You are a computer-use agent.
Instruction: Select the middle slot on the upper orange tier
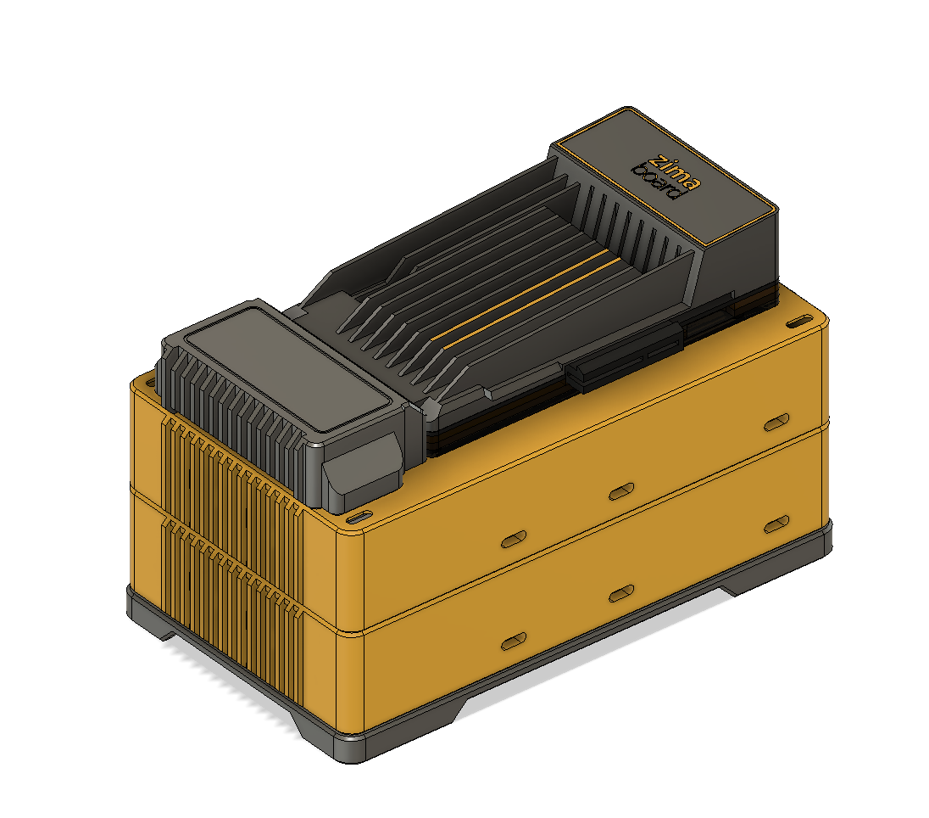pyautogui.click(x=621, y=490)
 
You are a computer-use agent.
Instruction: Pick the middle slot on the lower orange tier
pyautogui.click(x=621, y=592)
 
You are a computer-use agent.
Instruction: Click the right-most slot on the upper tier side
pyautogui.click(x=776, y=422)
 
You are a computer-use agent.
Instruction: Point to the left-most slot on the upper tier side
pyautogui.click(x=514, y=540)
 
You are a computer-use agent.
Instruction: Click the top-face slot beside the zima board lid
pyautogui.click(x=798, y=323)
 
